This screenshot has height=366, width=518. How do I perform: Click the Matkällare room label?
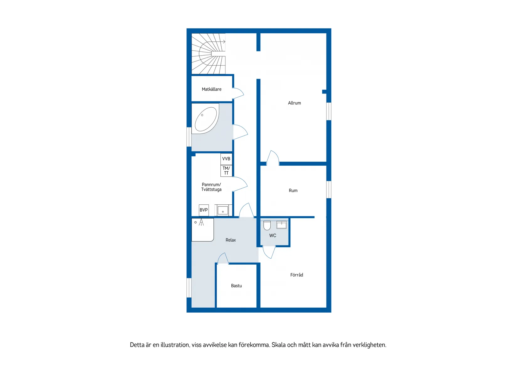pyautogui.click(x=211, y=89)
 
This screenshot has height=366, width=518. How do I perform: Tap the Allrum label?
pyautogui.click(x=294, y=103)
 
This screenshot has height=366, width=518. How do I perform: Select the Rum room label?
pyautogui.click(x=293, y=191)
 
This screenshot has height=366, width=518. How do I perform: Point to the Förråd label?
pyautogui.click(x=297, y=275)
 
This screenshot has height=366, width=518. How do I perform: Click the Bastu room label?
pyautogui.click(x=236, y=286)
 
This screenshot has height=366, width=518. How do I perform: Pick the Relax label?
pyautogui.click(x=230, y=240)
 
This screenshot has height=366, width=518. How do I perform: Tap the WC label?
pyautogui.click(x=272, y=236)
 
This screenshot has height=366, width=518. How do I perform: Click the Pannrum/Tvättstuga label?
pyautogui.click(x=211, y=187)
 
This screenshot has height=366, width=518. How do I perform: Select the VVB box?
pyautogui.click(x=226, y=159)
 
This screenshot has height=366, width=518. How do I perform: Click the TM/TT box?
pyautogui.click(x=226, y=171)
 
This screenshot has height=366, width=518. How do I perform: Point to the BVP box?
pyautogui.click(x=204, y=210)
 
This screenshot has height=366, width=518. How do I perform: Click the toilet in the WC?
pyautogui.click(x=267, y=225)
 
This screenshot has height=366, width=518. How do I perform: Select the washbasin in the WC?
pyautogui.click(x=281, y=225)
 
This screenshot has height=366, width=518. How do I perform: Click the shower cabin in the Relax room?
pyautogui.click(x=202, y=230)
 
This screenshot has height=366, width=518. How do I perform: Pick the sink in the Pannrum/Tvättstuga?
pyautogui.click(x=223, y=210)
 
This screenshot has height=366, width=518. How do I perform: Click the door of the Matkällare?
pyautogui.click(x=238, y=94)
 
